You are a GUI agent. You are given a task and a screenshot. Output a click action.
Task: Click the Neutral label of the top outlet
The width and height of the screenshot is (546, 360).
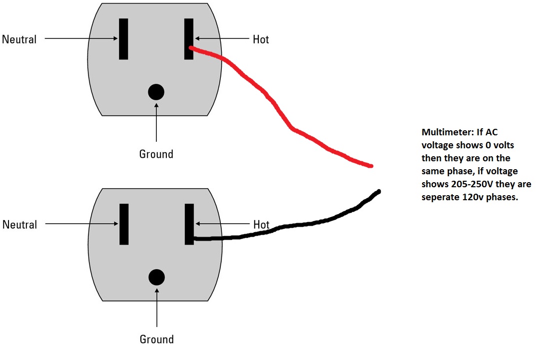[x=19, y=39]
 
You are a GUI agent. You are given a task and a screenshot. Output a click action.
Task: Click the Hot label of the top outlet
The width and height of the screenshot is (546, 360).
[x=261, y=39]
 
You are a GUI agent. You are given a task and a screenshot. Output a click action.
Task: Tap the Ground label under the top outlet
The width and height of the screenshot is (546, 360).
[x=156, y=154]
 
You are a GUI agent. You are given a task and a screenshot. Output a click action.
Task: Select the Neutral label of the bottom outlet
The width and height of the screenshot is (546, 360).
[x=19, y=225]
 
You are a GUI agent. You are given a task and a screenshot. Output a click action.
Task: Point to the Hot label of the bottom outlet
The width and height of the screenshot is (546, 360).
[x=261, y=225]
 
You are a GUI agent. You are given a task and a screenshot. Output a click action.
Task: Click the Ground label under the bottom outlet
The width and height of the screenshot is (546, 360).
[x=157, y=340]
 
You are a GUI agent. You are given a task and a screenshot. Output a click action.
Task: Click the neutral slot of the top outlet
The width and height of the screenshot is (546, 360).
[x=123, y=39]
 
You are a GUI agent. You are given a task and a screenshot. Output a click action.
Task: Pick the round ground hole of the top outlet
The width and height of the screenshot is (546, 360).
[x=156, y=91]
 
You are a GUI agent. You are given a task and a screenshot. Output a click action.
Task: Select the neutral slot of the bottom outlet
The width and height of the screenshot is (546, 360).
[x=124, y=224]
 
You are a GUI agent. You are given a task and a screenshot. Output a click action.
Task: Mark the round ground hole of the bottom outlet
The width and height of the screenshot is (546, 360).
[x=157, y=277]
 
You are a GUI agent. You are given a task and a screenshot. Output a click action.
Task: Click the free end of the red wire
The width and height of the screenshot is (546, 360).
[x=371, y=165]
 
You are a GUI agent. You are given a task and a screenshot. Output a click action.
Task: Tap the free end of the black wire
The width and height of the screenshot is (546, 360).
[x=379, y=191]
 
